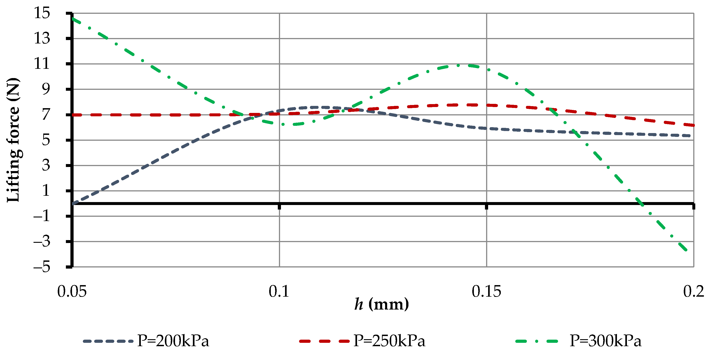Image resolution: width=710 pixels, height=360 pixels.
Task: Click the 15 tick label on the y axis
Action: [x=42, y=13]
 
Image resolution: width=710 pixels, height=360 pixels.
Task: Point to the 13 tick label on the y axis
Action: [x=42, y=38]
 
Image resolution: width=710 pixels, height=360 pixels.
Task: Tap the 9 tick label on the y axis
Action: [x=46, y=89]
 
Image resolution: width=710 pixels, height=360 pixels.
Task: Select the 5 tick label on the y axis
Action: [x=46, y=140]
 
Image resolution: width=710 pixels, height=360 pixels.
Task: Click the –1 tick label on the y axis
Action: [x=42, y=216]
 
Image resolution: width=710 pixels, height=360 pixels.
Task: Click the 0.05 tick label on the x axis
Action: [x=72, y=291]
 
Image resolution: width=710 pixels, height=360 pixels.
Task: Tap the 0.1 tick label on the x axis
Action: [x=279, y=291]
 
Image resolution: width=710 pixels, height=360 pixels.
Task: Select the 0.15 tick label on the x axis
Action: [x=487, y=291]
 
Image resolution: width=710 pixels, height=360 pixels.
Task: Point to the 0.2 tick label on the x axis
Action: [x=693, y=291]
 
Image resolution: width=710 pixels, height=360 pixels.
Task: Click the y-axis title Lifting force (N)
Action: [x=13, y=140]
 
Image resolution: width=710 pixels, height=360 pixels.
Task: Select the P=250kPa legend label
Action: [x=389, y=341]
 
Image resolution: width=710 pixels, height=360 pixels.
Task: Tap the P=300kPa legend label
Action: [x=605, y=341]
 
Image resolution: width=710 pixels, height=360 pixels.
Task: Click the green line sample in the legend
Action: [x=537, y=341]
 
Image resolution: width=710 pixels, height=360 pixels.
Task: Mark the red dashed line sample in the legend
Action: [x=324, y=341]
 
